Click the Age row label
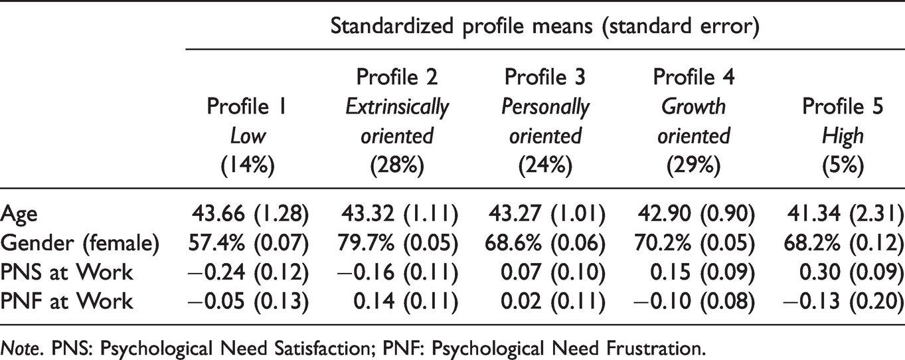19,215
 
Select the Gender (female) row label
80,244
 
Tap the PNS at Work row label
66,272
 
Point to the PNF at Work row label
66,301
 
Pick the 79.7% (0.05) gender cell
398,243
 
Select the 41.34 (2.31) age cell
845,214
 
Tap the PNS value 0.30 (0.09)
851,272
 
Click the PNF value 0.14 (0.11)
406,301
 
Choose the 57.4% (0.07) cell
249,243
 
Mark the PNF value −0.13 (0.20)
843,301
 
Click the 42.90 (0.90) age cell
697,214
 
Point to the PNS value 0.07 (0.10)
553,272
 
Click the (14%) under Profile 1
248,165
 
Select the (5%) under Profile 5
843,165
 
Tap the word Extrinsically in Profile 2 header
397,108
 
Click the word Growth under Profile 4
694,107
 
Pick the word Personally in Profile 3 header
545,108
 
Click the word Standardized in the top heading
392,26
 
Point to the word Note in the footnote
21,348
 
